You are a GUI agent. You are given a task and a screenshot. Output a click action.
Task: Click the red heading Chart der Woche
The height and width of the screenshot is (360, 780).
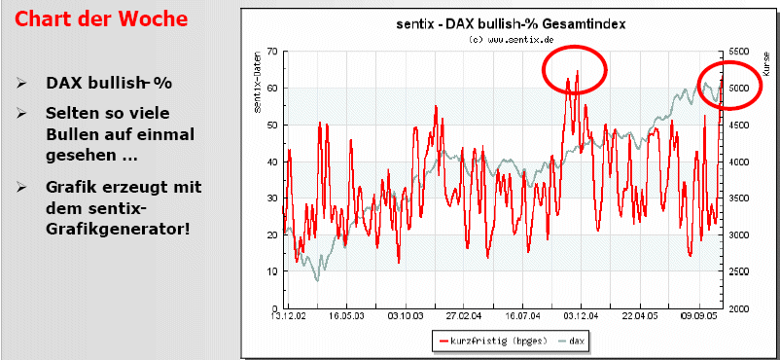point(100,18)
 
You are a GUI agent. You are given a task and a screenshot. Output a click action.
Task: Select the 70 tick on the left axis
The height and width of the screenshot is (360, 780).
point(272,52)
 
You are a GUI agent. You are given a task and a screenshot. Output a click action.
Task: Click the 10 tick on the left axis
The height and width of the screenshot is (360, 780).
point(272,271)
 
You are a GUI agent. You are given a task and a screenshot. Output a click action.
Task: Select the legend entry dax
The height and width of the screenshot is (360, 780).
point(574,341)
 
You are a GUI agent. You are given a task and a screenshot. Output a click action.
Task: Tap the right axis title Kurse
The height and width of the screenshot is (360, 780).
point(765,64)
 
